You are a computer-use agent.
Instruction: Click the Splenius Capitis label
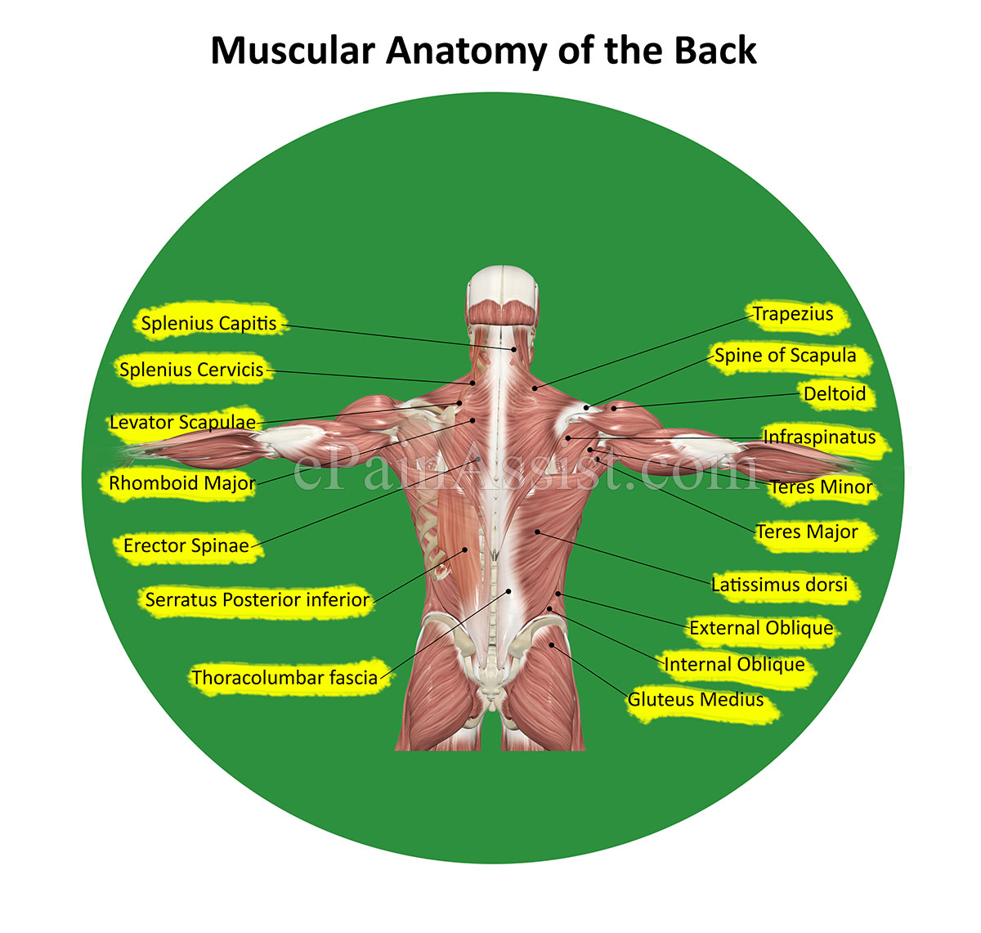click(209, 323)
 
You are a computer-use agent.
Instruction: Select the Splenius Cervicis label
click(191, 370)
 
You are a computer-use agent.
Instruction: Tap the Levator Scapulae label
click(182, 423)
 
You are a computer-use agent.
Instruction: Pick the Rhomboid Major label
click(181, 483)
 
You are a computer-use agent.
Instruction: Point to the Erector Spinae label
click(186, 545)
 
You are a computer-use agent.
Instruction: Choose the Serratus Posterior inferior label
click(258, 599)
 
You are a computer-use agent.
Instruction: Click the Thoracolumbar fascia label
click(284, 677)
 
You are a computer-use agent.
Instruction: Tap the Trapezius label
click(793, 314)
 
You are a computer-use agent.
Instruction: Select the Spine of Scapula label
click(785, 356)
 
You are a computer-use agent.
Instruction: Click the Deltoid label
click(835, 394)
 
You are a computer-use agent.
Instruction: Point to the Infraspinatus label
click(819, 437)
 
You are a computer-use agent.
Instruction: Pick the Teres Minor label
click(821, 487)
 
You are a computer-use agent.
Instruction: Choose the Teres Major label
click(807, 532)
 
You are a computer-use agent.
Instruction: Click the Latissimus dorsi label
click(779, 585)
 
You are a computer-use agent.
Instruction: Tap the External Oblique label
click(761, 628)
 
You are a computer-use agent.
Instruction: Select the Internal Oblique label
click(734, 665)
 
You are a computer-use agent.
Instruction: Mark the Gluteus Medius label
click(696, 700)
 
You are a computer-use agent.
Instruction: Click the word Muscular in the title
click(293, 51)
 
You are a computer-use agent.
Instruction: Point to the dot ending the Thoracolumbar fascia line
click(508, 590)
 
